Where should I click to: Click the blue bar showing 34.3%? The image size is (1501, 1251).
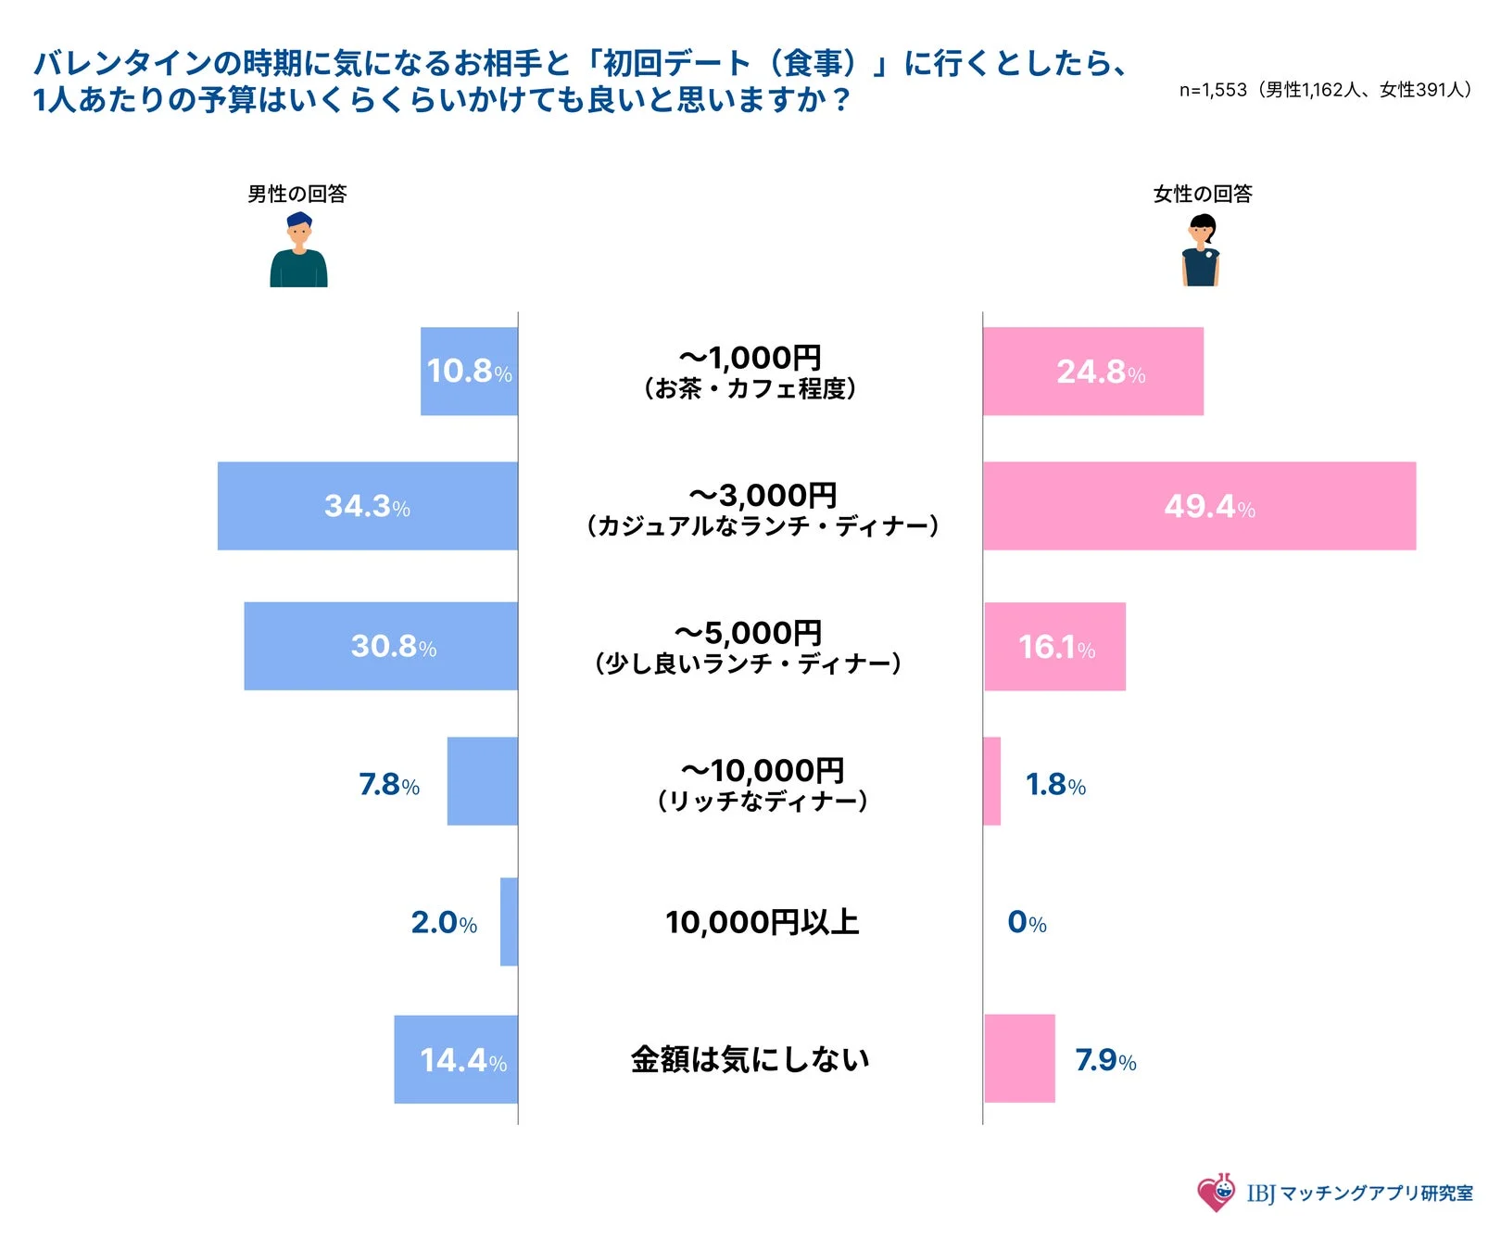(367, 506)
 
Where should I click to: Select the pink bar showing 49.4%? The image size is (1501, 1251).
(1199, 506)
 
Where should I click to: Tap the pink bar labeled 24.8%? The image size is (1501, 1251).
(1093, 371)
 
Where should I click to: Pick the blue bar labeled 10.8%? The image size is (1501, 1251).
(469, 371)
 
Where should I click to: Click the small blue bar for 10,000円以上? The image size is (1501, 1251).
(509, 921)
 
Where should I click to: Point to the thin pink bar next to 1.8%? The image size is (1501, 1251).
(991, 781)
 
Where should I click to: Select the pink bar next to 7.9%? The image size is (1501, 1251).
(1019, 1058)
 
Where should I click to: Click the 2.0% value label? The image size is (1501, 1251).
(444, 923)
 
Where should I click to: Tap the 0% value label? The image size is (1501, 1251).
(1027, 923)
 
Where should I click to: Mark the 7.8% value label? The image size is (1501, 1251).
(389, 785)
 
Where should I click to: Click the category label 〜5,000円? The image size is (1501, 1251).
(748, 634)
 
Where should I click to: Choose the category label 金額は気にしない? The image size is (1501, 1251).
(750, 1059)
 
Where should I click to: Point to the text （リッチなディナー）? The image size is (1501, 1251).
(762, 801)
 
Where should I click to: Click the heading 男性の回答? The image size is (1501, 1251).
(296, 194)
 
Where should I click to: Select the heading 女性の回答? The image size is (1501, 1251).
(1202, 194)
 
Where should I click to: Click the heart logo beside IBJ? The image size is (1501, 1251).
(1216, 1192)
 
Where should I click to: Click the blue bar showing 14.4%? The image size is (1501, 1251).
(456, 1059)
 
